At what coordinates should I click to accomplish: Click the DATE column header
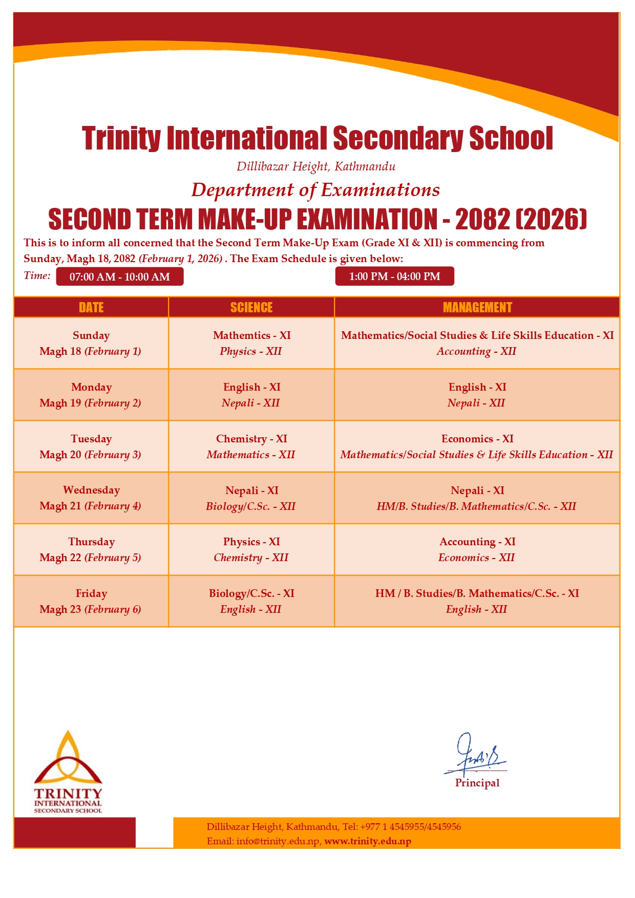(91, 307)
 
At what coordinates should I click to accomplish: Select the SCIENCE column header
(251, 307)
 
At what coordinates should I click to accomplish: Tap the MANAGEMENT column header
(477, 307)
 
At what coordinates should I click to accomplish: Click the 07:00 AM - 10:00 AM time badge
(119, 277)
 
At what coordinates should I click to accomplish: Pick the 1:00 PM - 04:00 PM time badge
(394, 276)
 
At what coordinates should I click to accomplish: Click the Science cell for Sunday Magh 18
(251, 343)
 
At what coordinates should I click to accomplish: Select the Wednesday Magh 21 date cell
(91, 498)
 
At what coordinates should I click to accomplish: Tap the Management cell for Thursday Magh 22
(477, 549)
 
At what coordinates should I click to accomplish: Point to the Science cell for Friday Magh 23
(251, 601)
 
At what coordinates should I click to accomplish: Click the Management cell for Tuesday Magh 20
(477, 446)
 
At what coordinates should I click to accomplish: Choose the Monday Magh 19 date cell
(91, 395)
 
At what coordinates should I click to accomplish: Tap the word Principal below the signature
(477, 783)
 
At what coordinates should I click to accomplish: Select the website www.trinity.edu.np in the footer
(367, 841)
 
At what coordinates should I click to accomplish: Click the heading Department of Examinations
(315, 190)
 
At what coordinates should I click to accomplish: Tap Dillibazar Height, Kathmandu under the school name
(315, 166)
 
